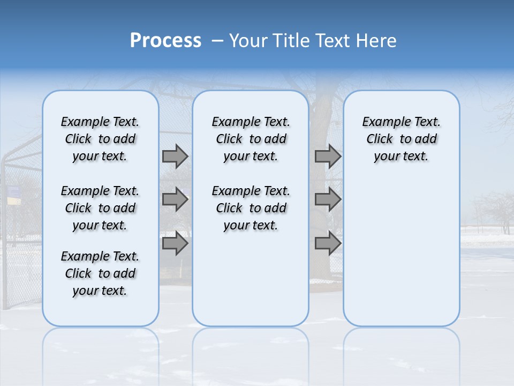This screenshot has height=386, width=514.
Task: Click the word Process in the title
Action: (x=165, y=41)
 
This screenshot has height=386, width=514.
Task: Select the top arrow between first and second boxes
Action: (x=175, y=156)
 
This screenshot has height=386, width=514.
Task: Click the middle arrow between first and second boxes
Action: (x=175, y=199)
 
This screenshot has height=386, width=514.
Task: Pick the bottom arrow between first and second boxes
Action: (x=175, y=243)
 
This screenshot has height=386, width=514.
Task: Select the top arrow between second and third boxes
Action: (x=328, y=156)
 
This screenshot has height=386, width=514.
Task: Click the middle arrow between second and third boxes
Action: (x=328, y=199)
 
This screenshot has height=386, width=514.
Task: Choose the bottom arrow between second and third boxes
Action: (x=328, y=243)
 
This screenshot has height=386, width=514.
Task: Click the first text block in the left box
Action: (x=100, y=139)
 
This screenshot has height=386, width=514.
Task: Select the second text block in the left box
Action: (x=100, y=208)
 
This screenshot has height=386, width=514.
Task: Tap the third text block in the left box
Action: (x=100, y=273)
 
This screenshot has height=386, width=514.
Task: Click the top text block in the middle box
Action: (x=251, y=139)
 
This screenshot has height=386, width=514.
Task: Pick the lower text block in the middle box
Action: (x=251, y=208)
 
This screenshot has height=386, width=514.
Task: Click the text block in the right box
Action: (x=401, y=139)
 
